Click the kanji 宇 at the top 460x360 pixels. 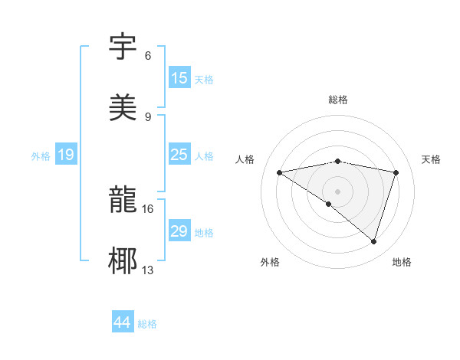124,47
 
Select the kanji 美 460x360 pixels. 124,107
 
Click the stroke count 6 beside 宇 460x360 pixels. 148,56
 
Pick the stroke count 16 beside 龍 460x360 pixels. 148,208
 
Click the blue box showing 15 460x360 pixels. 179,78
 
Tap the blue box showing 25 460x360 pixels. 179,155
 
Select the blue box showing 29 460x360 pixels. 179,231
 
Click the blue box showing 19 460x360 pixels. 66,155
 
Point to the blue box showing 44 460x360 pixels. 123,322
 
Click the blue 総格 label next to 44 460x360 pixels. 147,324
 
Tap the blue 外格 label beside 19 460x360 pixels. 41,156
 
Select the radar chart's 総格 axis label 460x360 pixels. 338,100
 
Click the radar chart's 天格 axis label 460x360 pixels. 431,159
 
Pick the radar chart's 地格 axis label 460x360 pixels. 402,262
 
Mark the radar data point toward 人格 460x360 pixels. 280,172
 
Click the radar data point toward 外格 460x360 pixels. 329,204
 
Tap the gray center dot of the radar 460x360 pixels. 338,191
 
